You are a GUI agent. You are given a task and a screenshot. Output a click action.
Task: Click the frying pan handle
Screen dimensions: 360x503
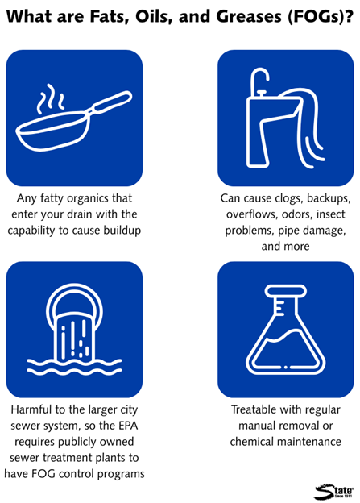(x=110, y=102)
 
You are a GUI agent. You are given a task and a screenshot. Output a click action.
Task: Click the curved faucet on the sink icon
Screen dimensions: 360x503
(x=259, y=79)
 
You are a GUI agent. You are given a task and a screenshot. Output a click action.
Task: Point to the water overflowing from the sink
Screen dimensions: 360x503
(x=308, y=128)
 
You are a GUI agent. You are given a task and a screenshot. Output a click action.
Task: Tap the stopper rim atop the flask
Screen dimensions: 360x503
(x=285, y=291)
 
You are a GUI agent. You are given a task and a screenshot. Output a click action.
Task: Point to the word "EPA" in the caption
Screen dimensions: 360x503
(x=128, y=426)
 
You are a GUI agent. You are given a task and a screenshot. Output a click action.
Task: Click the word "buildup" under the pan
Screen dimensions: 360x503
(x=122, y=231)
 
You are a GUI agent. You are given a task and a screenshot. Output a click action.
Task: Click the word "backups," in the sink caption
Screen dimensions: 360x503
(x=329, y=198)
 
